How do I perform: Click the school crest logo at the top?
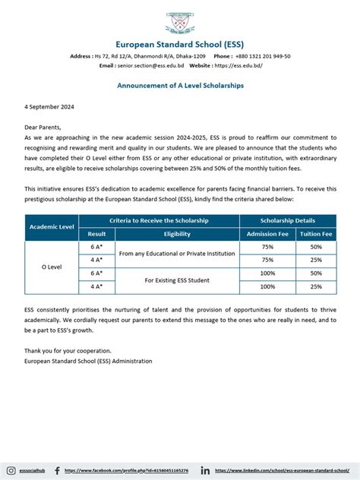click(180, 24)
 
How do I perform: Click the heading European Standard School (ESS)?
click(180, 43)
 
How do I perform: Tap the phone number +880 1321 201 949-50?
click(251, 56)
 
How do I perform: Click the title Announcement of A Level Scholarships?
click(180, 86)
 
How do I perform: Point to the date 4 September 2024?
click(48, 107)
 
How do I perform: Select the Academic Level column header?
click(52, 227)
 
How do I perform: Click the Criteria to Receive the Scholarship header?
click(159, 220)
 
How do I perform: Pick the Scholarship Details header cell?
click(287, 220)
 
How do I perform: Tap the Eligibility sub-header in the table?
click(176, 234)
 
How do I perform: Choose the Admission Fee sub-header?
click(267, 234)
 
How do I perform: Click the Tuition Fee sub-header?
click(316, 234)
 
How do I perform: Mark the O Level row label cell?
click(52, 267)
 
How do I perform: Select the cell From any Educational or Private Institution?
click(176, 254)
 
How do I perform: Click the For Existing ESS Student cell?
click(176, 280)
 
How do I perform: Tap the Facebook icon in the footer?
click(58, 471)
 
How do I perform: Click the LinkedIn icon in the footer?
click(205, 471)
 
